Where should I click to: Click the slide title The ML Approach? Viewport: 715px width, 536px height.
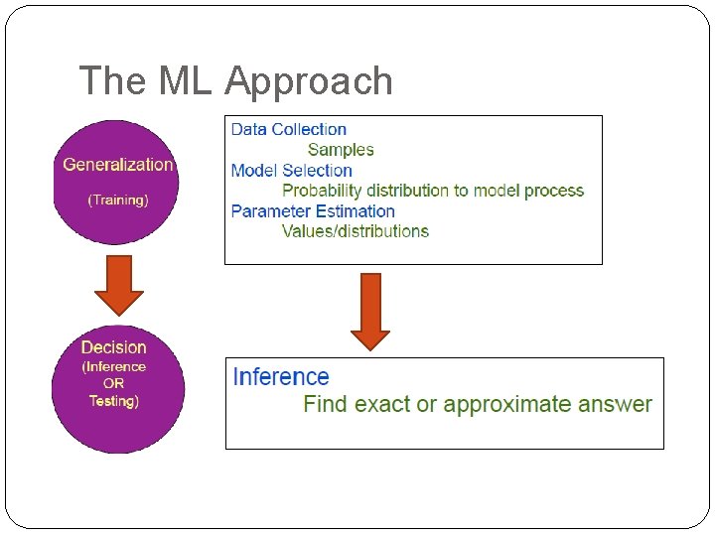pos(235,81)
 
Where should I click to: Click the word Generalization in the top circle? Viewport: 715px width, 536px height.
pos(117,165)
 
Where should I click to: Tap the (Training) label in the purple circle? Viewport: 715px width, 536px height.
pos(117,200)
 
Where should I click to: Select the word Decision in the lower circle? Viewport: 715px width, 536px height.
pos(113,347)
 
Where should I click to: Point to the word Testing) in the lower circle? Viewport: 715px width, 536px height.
pos(113,401)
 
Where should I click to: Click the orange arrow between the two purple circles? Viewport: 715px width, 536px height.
pos(119,286)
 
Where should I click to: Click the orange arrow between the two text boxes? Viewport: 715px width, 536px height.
pos(370,311)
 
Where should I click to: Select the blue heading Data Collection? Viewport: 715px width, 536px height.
pos(288,129)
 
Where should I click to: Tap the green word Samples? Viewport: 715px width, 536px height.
pos(341,150)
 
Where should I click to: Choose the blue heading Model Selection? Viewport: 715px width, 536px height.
pos(291,171)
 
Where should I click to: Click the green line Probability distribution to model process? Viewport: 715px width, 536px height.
pos(433,191)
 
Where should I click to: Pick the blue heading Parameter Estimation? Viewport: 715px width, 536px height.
pos(313,211)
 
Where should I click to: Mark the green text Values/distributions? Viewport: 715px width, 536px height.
pos(356,231)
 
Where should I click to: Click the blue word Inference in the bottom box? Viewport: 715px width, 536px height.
pos(280,377)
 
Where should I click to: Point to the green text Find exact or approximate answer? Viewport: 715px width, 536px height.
pos(477,404)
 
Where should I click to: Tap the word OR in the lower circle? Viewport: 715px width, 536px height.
pos(113,383)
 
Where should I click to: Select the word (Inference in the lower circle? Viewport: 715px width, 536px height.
pos(113,366)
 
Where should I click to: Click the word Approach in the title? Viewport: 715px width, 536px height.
pos(309,81)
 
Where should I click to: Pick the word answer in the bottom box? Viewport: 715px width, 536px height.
pos(615,404)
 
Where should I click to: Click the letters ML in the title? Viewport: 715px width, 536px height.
pos(185,81)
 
